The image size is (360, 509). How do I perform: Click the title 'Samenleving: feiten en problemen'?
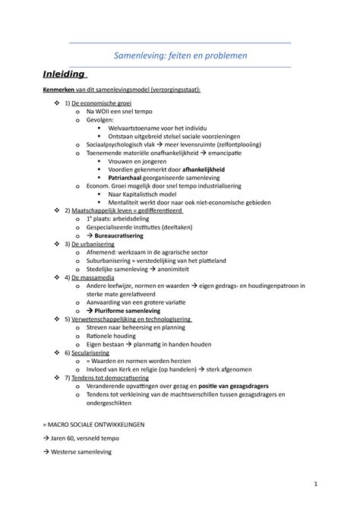coord(180,55)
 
